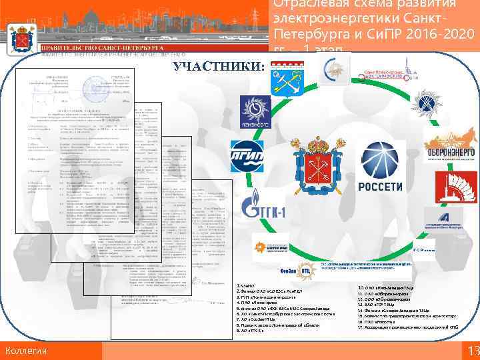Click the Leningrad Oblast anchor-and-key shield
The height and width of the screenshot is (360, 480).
(283, 80)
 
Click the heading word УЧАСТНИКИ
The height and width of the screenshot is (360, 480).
(219, 67)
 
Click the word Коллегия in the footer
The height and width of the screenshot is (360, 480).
(25, 351)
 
